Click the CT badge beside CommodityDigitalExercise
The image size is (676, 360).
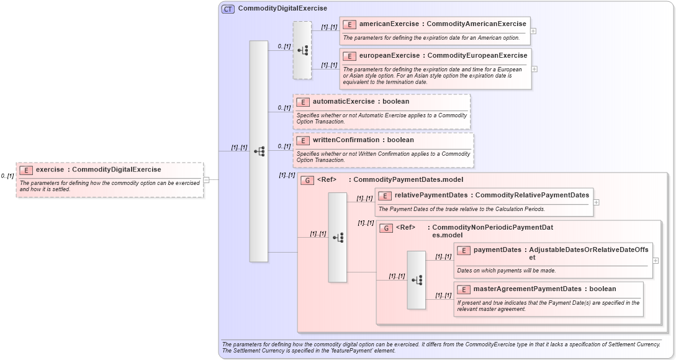pos(228,9)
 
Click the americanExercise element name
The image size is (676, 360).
pos(389,24)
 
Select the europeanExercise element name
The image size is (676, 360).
pos(389,56)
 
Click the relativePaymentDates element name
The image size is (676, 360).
pos(431,196)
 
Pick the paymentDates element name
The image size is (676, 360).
pos(497,250)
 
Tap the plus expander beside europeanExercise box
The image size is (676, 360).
pos(534,69)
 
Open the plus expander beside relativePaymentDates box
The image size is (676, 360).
pos(597,202)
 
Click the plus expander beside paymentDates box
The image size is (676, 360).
pos(656,261)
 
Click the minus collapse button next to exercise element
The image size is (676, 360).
pos(207,180)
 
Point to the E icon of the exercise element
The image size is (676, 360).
pos(26,169)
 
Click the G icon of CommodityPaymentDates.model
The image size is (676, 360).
pos(307,181)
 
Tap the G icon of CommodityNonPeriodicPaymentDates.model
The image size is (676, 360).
pos(385,228)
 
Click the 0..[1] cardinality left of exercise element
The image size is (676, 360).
pos(7,176)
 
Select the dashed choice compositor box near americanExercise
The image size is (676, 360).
pos(302,50)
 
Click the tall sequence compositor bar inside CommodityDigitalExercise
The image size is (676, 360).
pos(258,151)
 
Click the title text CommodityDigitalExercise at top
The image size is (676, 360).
pos(282,9)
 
